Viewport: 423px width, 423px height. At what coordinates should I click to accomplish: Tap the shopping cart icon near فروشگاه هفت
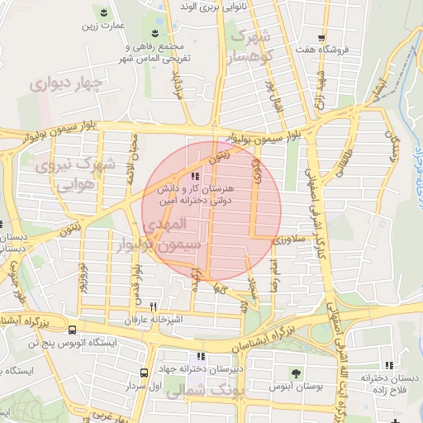point(321,37)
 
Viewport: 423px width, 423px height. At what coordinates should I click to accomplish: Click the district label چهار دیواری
point(67,83)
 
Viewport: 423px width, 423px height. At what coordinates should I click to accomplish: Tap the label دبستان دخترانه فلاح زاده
point(386,382)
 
